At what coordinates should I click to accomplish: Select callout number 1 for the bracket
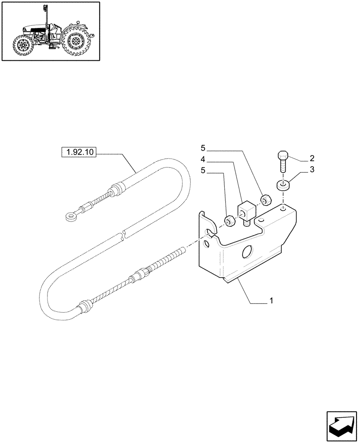pos(270,301)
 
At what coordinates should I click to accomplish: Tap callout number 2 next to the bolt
pos(312,158)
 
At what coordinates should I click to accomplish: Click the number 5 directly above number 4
pos(203,147)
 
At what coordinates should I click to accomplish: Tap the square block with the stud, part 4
pos(246,210)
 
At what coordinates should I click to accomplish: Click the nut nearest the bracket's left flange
pos(230,220)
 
